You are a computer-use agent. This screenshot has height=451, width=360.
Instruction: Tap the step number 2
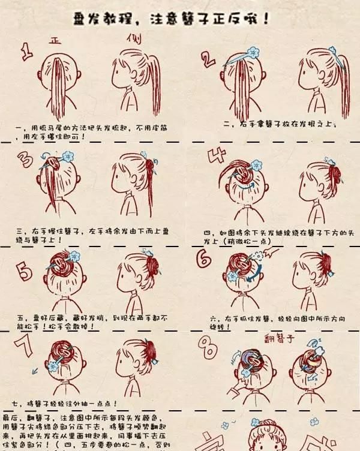[208, 58]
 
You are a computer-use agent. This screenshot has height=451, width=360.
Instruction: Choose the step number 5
[25, 271]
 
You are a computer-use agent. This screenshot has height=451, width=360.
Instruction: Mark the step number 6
[204, 258]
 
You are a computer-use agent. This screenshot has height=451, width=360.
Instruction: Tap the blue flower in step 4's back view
[257, 164]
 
